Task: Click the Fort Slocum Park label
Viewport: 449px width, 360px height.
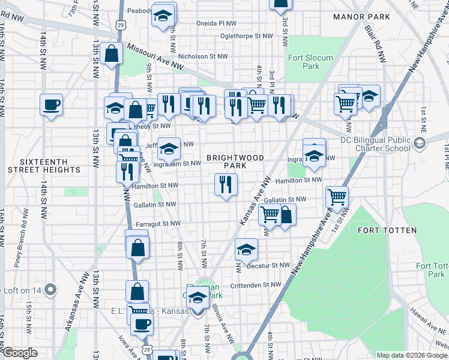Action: click(312, 62)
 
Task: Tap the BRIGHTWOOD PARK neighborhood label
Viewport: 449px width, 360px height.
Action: click(235, 161)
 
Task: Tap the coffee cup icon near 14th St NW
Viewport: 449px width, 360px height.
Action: click(51, 104)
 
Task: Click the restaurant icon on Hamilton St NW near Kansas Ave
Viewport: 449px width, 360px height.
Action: click(226, 184)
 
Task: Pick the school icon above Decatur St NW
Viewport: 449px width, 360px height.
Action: click(246, 249)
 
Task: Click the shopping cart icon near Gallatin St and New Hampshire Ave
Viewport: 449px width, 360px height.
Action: click(337, 196)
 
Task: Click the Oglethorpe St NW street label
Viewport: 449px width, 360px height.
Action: click(246, 35)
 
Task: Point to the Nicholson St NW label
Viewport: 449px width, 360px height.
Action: click(204, 56)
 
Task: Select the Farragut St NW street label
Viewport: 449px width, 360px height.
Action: click(157, 223)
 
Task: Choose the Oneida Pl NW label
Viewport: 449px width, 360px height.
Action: click(217, 23)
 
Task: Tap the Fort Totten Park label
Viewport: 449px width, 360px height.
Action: click(432, 270)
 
